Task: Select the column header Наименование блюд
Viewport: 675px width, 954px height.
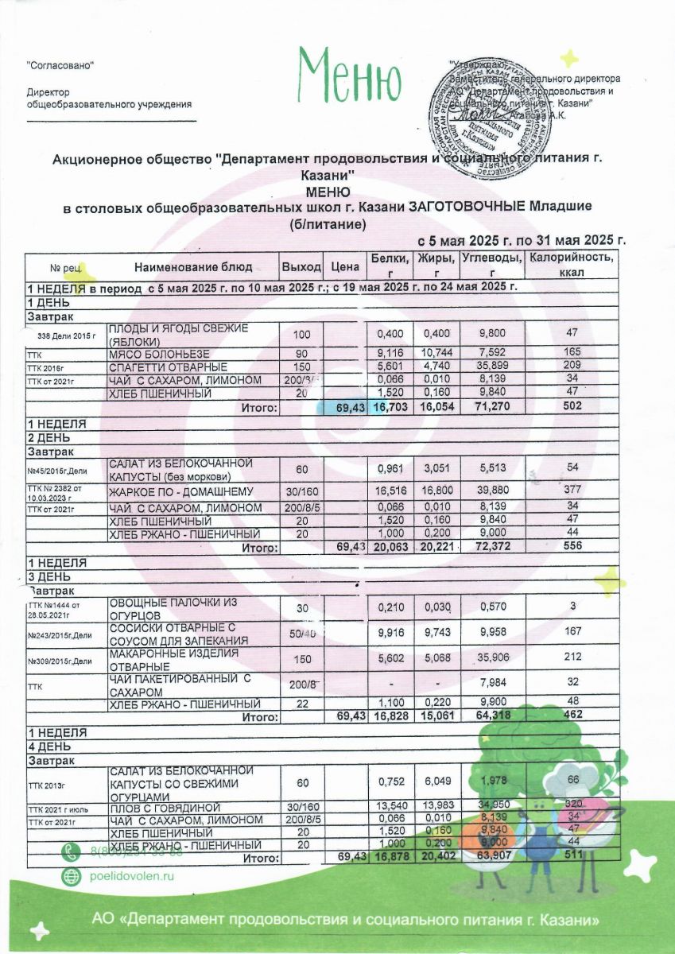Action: (x=193, y=266)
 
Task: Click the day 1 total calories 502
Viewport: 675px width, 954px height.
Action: (x=568, y=406)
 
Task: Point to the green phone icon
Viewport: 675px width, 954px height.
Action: (x=72, y=852)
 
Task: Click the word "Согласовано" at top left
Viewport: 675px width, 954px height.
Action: (x=60, y=64)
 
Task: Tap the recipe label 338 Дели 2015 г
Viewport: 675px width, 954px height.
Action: (x=67, y=337)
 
